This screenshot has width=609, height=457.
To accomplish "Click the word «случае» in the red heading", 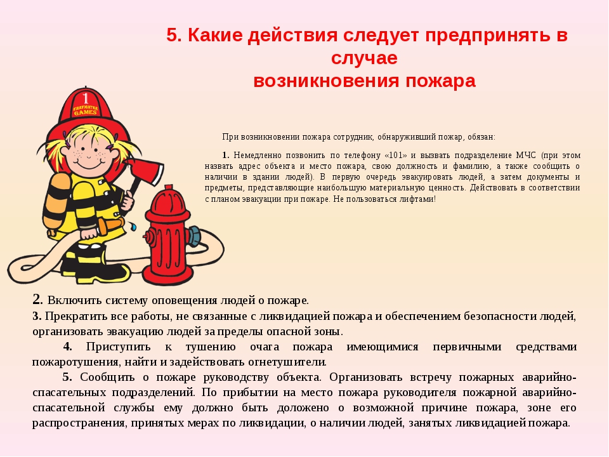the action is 364,58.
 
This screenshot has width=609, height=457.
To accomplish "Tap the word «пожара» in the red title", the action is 440,81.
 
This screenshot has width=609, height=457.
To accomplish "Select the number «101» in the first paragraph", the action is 396,156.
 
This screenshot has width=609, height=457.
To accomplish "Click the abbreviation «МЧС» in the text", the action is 525,156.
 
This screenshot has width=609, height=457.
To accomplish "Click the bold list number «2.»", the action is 37,300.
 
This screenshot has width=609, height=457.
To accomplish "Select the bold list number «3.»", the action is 37,316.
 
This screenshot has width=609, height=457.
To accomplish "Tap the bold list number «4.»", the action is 68,347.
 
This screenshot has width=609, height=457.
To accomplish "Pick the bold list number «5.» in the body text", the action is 67,377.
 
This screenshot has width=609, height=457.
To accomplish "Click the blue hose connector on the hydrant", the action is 194,236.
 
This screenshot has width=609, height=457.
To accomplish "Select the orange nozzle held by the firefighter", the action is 110,226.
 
